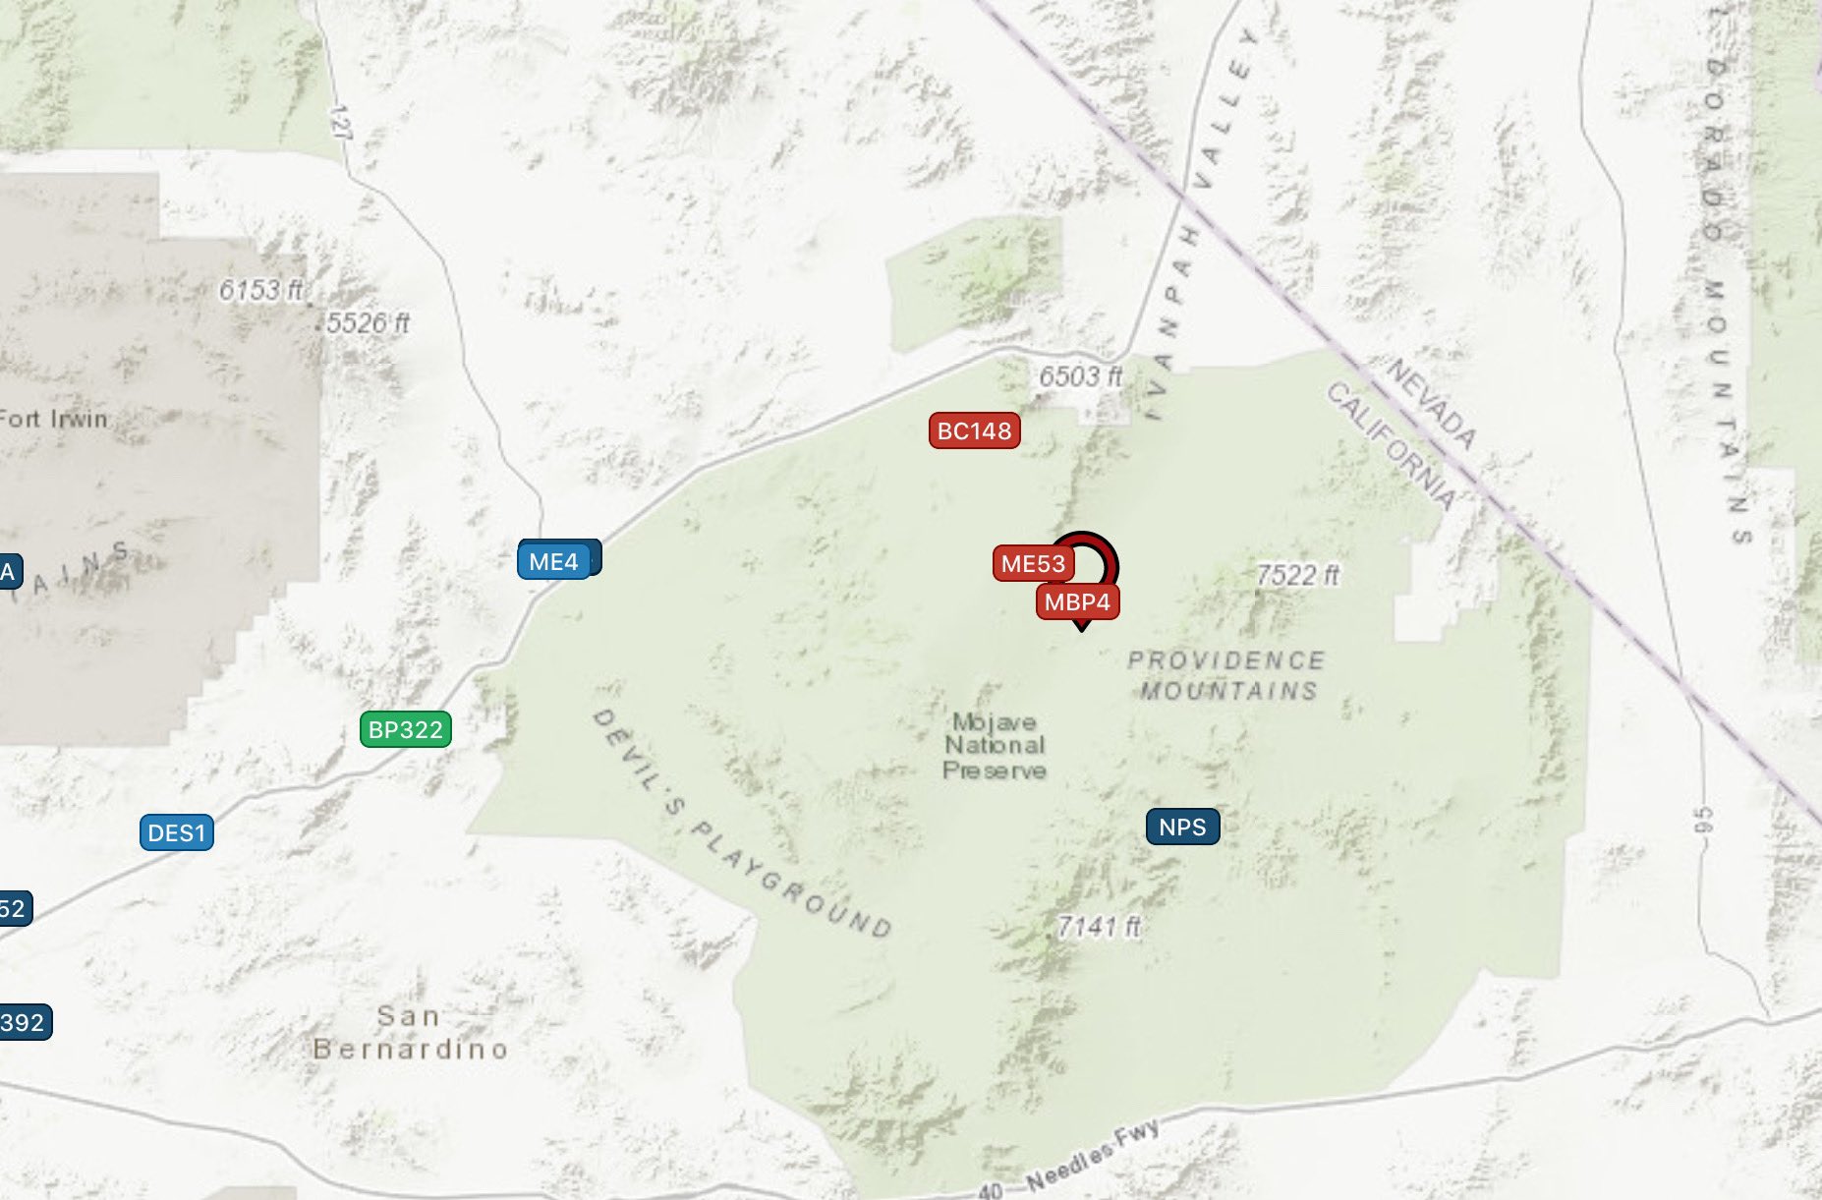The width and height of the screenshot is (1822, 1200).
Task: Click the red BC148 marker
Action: pyautogui.click(x=974, y=430)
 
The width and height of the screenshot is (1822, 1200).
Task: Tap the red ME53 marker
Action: pyautogui.click(x=1033, y=563)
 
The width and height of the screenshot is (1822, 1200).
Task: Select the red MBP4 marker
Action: pyautogui.click(x=1077, y=601)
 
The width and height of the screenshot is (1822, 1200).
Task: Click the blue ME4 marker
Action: pyautogui.click(x=553, y=561)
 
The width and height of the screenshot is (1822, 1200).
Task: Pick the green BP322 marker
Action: pyautogui.click(x=406, y=729)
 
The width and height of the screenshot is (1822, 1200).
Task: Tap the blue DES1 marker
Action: pyautogui.click(x=176, y=832)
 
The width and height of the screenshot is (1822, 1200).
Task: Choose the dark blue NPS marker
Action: pyautogui.click(x=1182, y=827)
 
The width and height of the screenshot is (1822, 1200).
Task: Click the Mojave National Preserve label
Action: pyautogui.click(x=994, y=746)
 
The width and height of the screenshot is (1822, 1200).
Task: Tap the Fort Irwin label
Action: pyautogui.click(x=53, y=419)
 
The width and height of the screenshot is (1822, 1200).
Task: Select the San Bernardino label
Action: pyautogui.click(x=410, y=1032)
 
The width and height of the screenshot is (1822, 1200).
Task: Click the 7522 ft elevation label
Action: pyautogui.click(x=1297, y=575)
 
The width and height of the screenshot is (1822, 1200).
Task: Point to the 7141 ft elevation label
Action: pyautogui.click(x=1099, y=926)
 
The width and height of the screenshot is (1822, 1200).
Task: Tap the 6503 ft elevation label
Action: pyautogui.click(x=1080, y=376)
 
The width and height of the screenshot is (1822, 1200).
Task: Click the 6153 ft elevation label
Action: pyautogui.click(x=260, y=290)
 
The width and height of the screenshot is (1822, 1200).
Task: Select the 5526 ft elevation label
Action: pyautogui.click(x=368, y=323)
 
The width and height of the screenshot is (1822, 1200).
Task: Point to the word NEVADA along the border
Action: pyautogui.click(x=1431, y=404)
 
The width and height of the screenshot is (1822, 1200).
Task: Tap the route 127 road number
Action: pyautogui.click(x=341, y=122)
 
